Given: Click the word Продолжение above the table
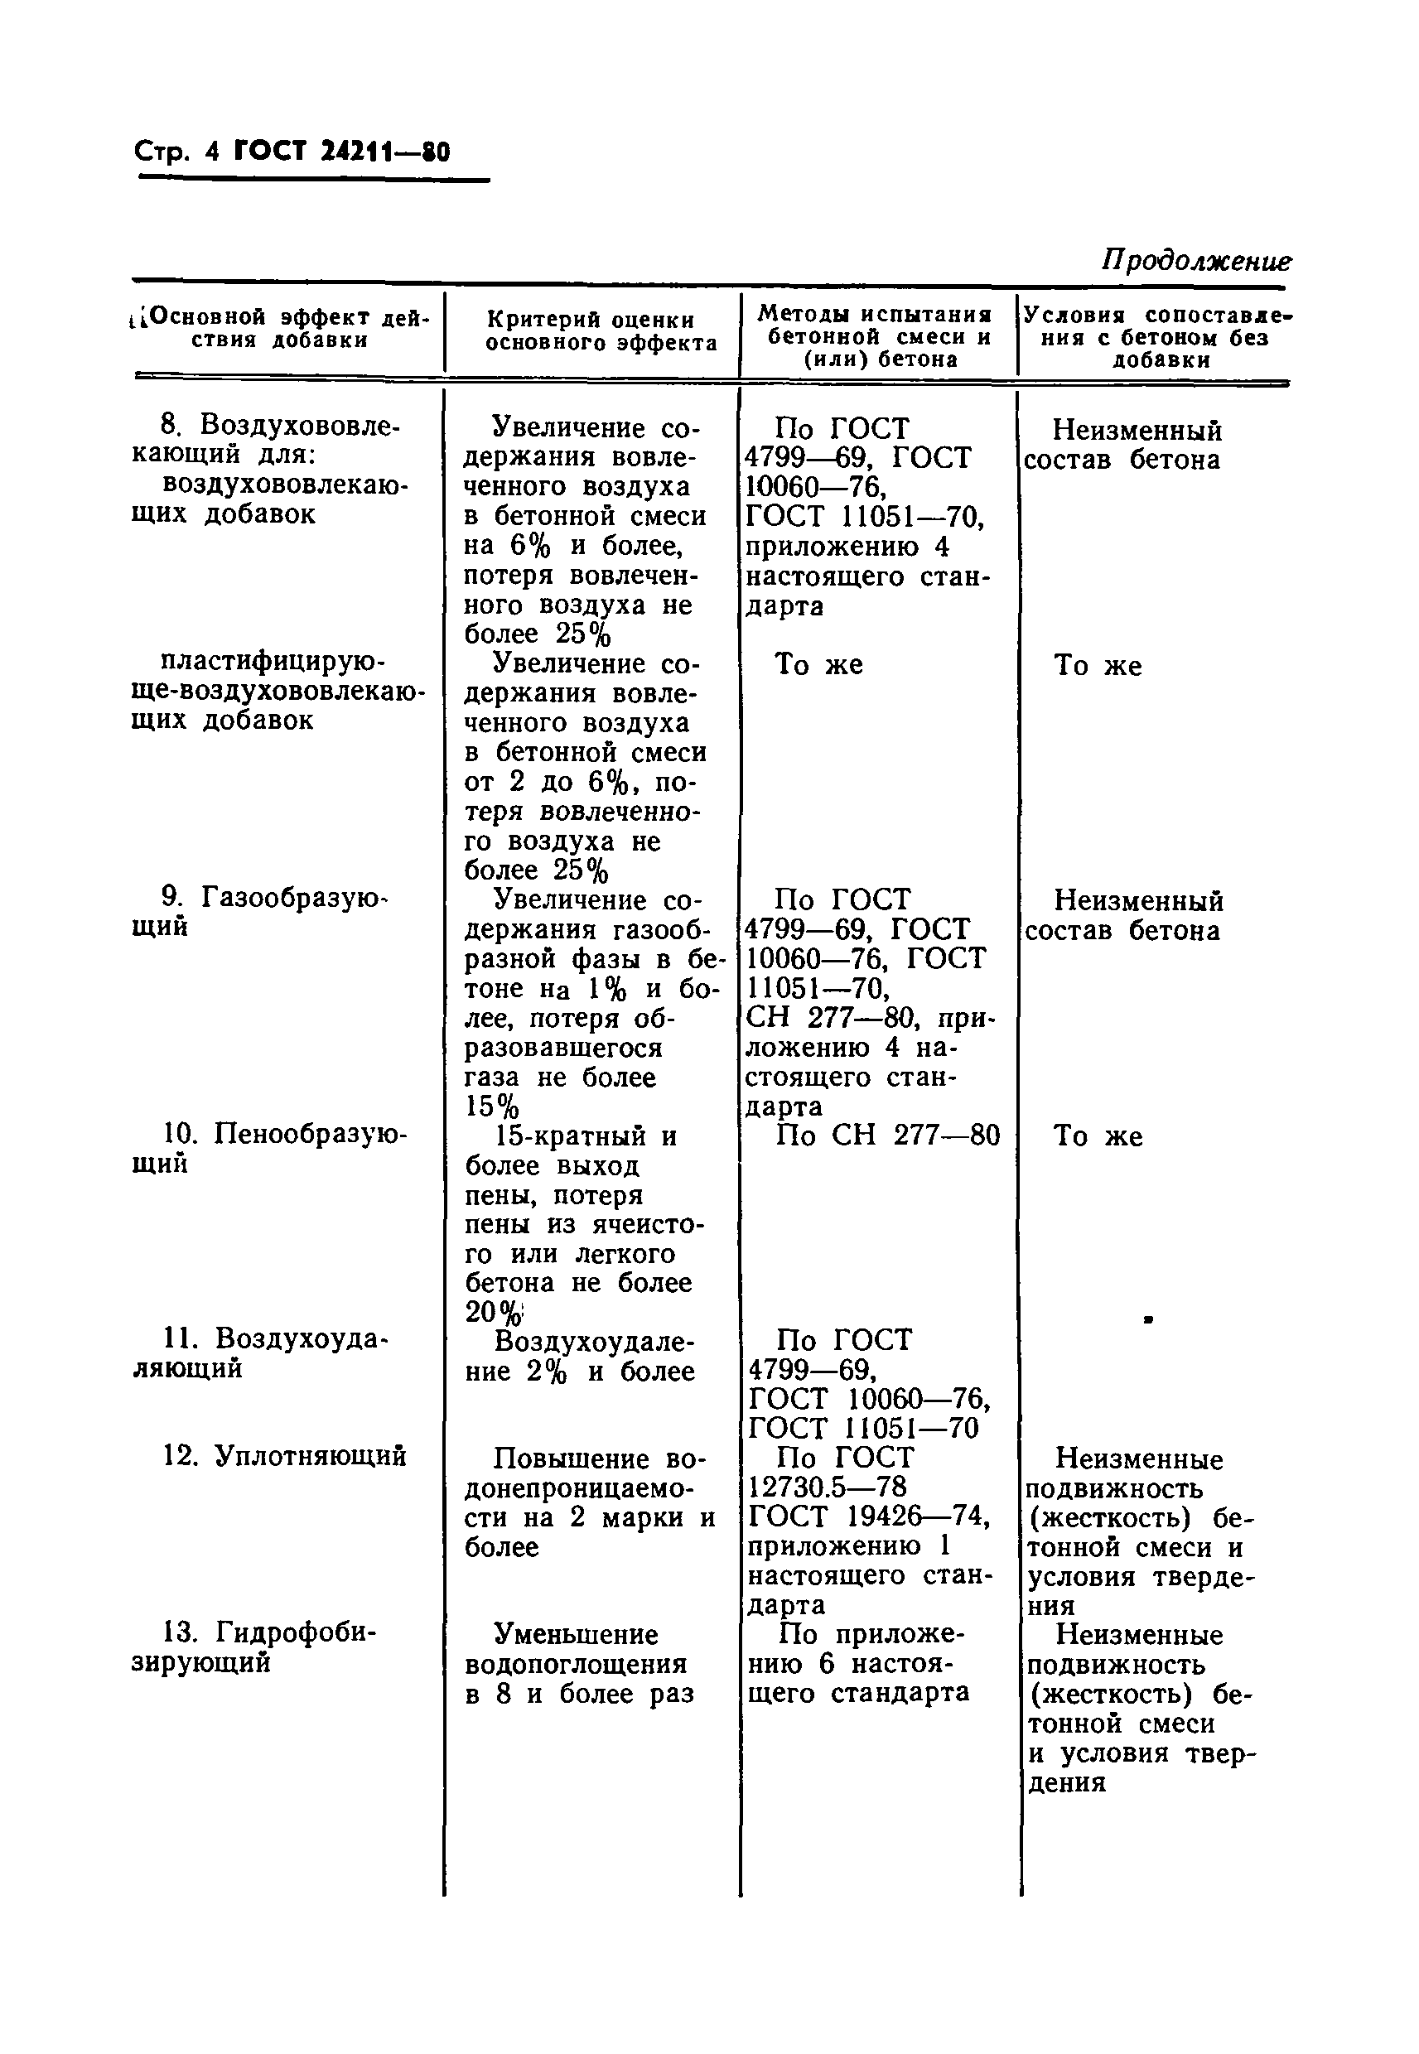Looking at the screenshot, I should tap(1196, 260).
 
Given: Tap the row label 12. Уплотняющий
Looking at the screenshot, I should tap(284, 1455).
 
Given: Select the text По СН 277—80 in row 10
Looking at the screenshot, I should tap(887, 1135).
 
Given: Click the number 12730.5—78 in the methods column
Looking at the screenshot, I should tap(827, 1485).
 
